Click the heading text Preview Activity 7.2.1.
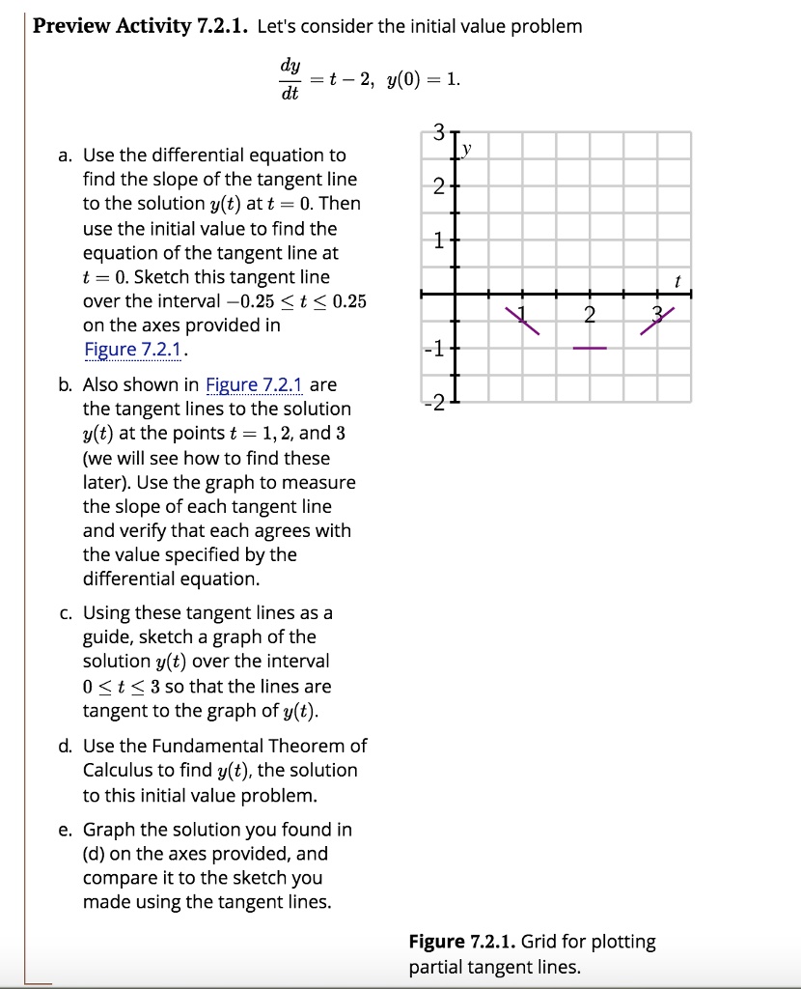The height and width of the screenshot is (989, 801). [x=141, y=26]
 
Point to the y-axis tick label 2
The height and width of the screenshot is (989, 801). [x=439, y=187]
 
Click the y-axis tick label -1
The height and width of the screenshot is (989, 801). [x=436, y=349]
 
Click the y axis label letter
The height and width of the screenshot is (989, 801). [x=469, y=149]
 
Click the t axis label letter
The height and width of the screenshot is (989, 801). [x=678, y=282]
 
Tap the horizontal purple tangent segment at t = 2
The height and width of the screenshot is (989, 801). [x=591, y=348]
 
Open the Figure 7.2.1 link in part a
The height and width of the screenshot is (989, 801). [x=134, y=350]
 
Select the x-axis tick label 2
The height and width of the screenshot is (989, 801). [x=591, y=315]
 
